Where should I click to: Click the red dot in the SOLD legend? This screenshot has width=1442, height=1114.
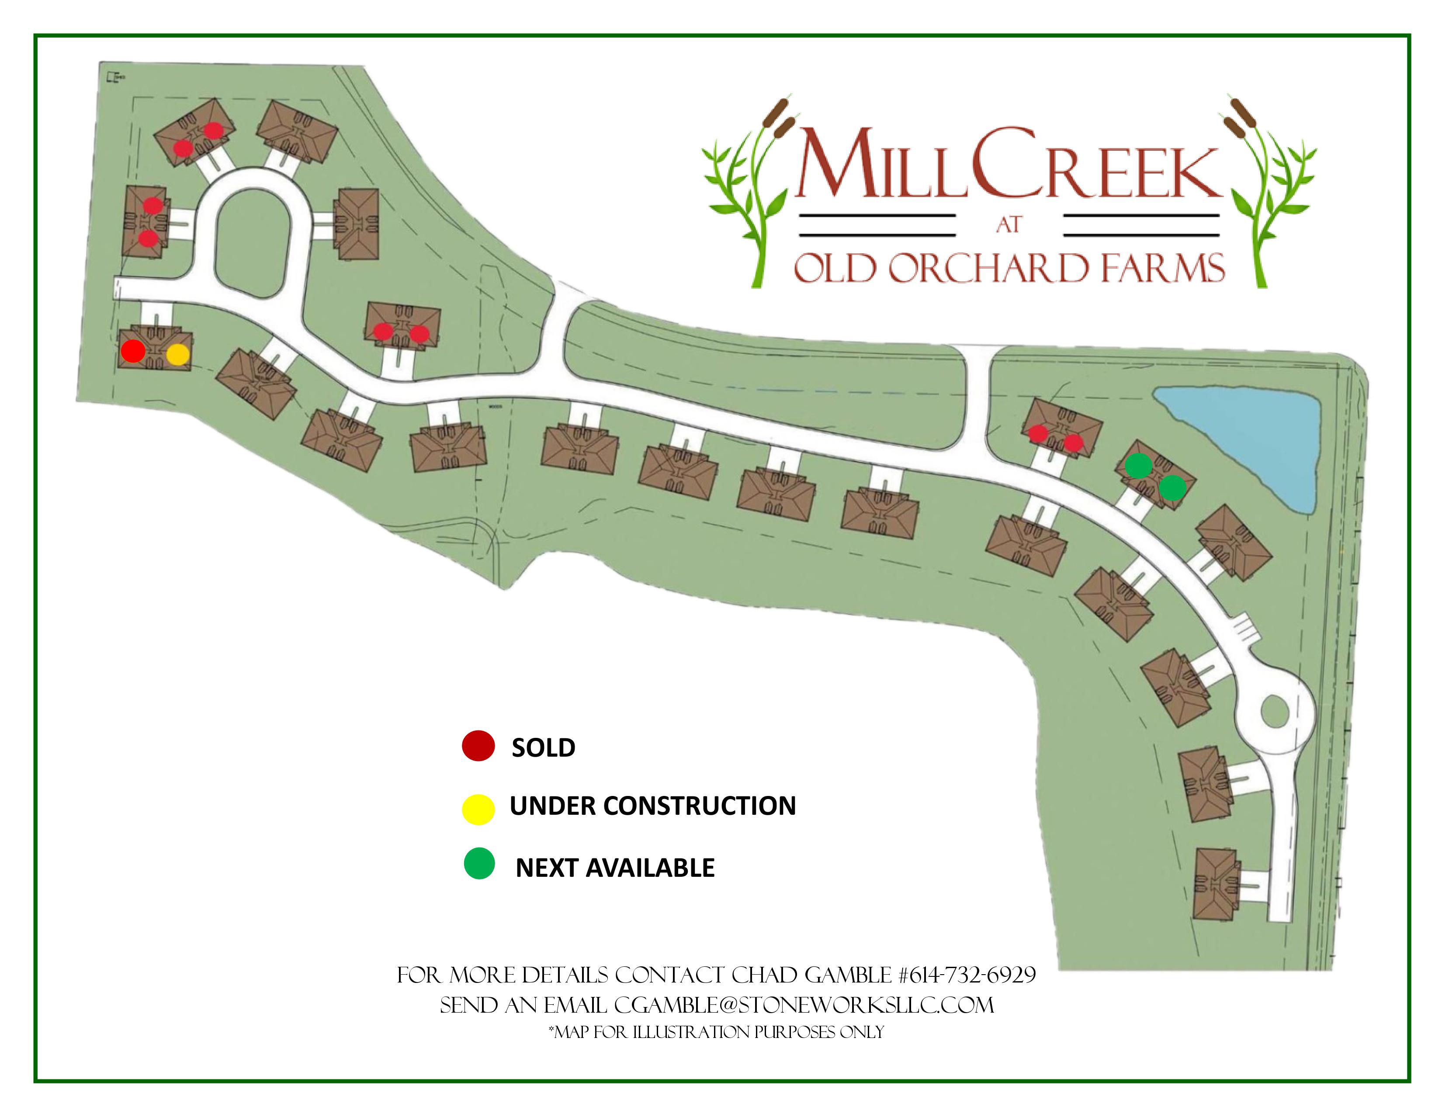coord(478,747)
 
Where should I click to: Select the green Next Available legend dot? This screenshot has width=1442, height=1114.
coord(479,864)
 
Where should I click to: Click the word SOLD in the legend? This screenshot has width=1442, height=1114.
coord(544,748)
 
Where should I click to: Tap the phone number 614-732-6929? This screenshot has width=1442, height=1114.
coord(967,976)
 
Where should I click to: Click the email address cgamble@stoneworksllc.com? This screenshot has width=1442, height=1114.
coord(804,1005)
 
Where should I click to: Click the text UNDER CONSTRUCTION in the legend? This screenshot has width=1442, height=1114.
coord(652,806)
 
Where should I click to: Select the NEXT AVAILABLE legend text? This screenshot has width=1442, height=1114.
coord(615,868)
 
